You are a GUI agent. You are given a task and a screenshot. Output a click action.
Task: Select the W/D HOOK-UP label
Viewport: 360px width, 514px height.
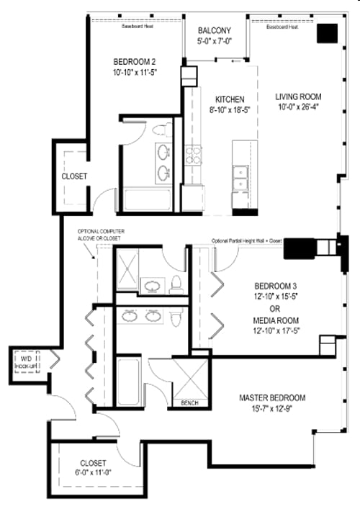tap(25, 361)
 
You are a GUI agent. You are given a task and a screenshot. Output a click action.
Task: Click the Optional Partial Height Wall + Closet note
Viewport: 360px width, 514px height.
tap(247, 241)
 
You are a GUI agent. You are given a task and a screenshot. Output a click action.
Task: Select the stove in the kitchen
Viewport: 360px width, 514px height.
tap(194, 155)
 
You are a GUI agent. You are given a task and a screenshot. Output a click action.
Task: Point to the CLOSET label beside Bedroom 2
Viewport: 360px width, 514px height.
tap(74, 176)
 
